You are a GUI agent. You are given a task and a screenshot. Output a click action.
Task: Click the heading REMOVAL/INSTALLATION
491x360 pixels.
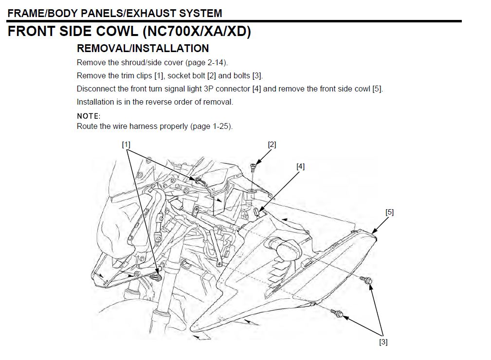tap(143, 48)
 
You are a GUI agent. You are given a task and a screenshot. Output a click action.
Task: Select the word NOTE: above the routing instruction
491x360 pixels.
tap(89, 116)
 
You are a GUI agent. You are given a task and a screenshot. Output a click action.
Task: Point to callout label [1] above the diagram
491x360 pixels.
tap(126, 144)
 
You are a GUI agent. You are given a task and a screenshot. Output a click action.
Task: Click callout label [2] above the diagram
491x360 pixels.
tap(272, 144)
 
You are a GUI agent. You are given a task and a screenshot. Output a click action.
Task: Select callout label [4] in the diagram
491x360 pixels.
tap(300, 166)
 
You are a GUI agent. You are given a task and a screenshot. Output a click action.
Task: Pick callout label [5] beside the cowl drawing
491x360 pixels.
tap(389, 212)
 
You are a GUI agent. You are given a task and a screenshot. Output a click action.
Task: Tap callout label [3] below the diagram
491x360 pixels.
tap(383, 342)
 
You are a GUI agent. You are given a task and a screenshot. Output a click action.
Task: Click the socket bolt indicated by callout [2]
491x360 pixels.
tap(253, 168)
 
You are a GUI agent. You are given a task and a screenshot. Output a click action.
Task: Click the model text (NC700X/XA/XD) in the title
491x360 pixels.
tap(197, 32)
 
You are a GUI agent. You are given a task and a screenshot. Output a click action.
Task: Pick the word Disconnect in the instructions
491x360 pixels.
tap(95, 89)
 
